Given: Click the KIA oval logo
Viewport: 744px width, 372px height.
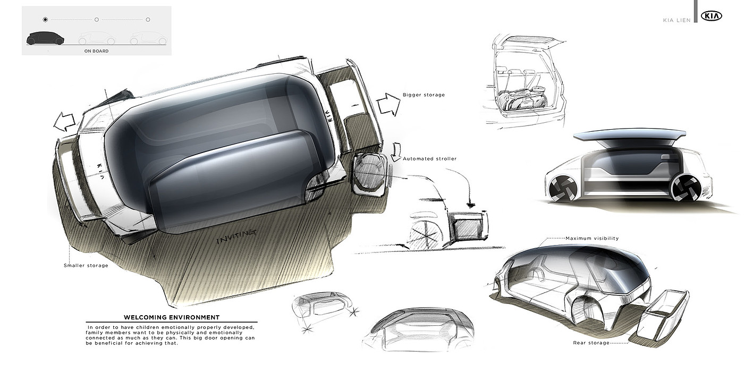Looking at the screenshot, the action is [712, 16].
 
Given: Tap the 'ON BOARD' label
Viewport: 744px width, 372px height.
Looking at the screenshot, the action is [96, 51].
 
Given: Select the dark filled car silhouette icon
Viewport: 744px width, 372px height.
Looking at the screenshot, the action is [45, 38].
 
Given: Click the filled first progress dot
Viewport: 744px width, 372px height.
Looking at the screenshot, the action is [45, 20].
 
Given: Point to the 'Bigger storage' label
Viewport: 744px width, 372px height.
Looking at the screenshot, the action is [424, 95].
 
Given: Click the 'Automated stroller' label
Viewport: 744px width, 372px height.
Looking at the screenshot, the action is [429, 158].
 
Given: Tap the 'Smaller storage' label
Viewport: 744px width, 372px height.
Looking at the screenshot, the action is [86, 265].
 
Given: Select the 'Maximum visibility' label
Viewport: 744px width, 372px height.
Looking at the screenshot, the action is [592, 238].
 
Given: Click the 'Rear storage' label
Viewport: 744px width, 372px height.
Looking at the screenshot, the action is [591, 343].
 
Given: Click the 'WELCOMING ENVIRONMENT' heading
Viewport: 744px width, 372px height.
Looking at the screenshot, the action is [171, 317].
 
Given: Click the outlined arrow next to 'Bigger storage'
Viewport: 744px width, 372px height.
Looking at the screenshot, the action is [388, 104].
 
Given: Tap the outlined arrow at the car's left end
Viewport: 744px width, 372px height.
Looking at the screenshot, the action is [64, 121].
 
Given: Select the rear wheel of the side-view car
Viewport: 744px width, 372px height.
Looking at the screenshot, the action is [684, 188].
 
